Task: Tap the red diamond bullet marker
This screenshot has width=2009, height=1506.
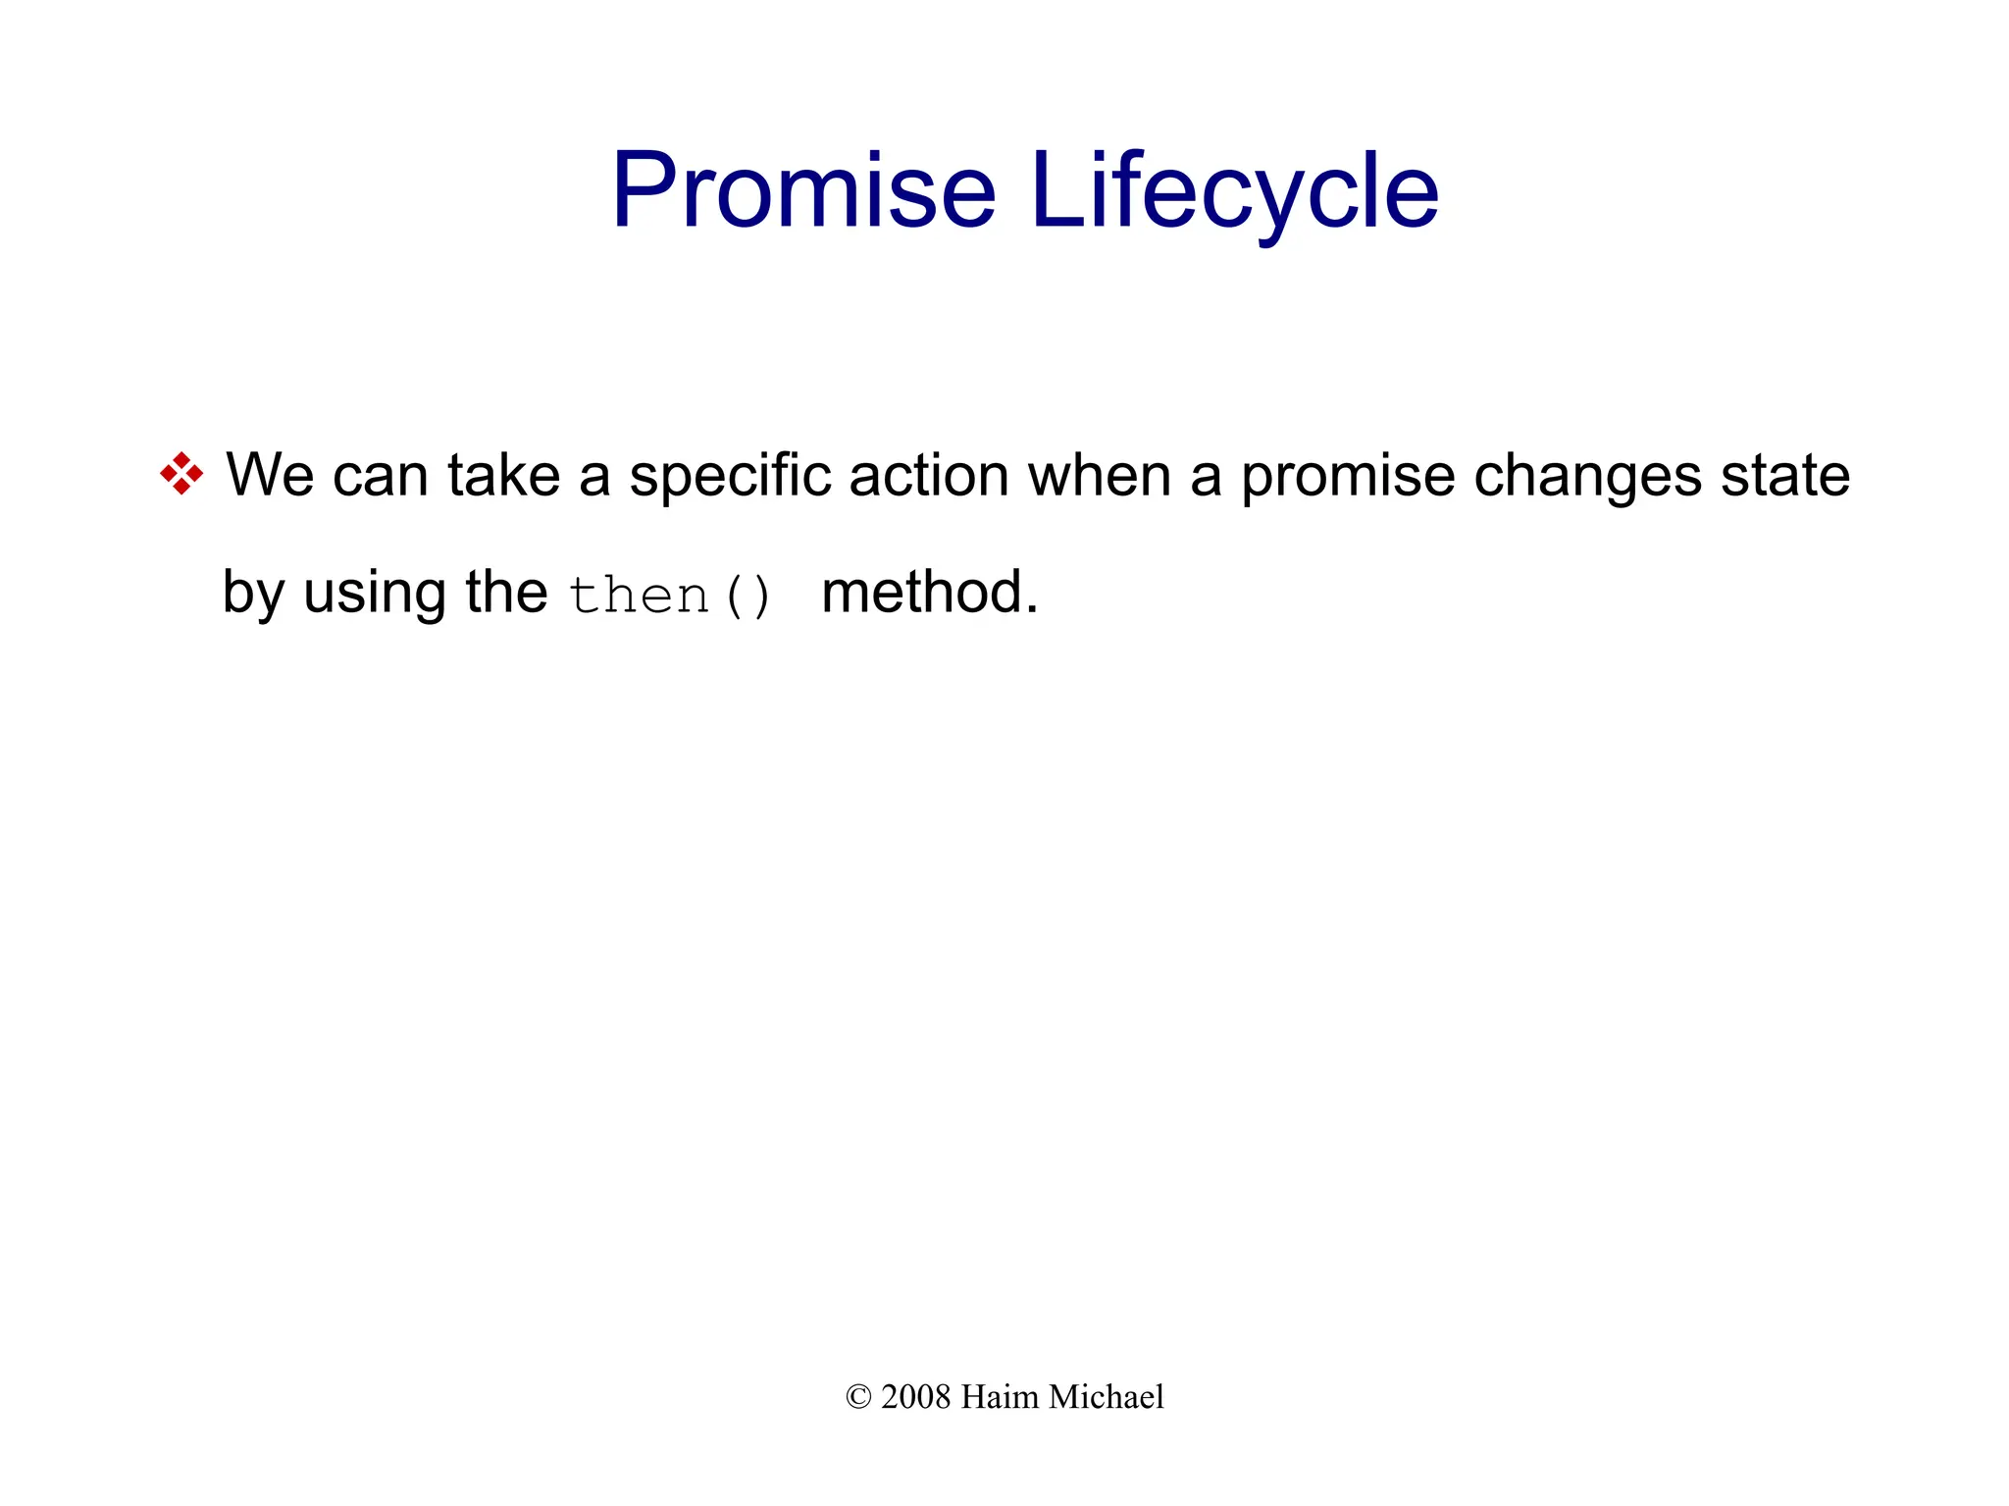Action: tap(181, 474)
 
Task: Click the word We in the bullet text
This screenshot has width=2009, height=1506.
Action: tap(271, 475)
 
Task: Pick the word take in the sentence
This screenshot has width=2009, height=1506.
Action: tap(503, 475)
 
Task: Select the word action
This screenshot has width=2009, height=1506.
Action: tap(928, 475)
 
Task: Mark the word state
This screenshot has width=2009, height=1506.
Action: tap(1786, 475)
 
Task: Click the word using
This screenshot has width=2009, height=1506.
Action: tap(375, 595)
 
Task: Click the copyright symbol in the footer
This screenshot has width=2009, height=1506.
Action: tap(858, 1397)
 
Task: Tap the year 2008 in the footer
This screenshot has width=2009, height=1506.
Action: tap(916, 1397)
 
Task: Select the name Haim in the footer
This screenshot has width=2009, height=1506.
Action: tap(999, 1397)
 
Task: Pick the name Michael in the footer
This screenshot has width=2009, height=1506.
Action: tap(1106, 1397)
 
